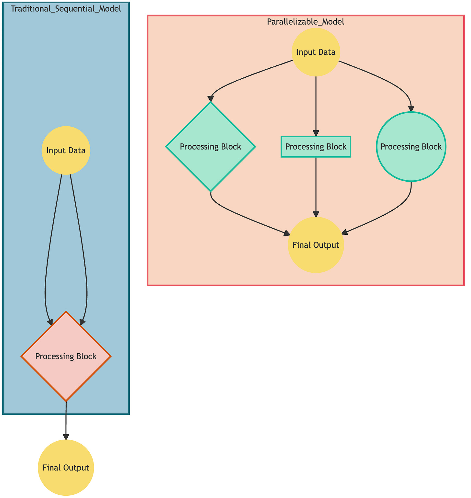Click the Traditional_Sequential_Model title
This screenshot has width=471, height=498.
[66, 9]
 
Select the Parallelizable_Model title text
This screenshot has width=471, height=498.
[305, 22]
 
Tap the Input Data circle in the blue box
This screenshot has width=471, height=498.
[66, 151]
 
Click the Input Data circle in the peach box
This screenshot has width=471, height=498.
[316, 52]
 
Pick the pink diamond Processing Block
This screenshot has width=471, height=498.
[66, 357]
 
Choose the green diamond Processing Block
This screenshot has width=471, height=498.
[211, 147]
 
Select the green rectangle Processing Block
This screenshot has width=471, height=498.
[316, 147]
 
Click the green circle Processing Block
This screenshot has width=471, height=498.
[411, 147]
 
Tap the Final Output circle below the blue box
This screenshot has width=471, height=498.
[66, 468]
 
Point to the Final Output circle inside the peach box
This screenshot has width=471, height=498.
[316, 245]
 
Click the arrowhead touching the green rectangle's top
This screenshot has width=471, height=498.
[316, 133]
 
